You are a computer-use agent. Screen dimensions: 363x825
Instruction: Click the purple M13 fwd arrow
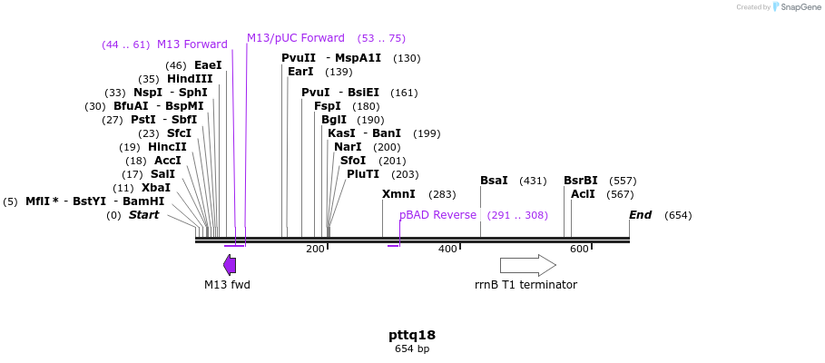tap(230, 265)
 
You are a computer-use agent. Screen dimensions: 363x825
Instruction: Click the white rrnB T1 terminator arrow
tap(527, 265)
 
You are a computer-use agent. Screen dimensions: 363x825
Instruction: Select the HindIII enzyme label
tap(190, 79)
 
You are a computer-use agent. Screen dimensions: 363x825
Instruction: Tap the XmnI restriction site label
tap(398, 194)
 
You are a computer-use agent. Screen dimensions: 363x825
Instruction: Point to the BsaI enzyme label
tap(494, 181)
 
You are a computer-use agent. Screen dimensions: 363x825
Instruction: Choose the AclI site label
tap(583, 194)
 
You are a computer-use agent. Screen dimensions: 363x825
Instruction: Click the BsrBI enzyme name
tap(581, 181)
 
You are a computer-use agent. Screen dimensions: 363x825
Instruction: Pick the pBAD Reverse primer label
tap(437, 215)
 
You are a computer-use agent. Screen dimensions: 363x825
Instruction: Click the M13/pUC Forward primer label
tap(296, 38)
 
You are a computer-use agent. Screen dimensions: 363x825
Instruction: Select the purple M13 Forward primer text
tap(192, 44)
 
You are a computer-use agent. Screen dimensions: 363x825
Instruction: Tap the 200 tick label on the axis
tap(315, 250)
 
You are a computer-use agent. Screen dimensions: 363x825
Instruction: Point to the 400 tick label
tap(447, 250)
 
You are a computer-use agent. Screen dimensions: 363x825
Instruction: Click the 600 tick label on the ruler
tap(579, 250)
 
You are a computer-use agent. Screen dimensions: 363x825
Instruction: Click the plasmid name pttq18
tap(412, 335)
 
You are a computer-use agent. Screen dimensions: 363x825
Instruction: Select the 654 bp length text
tap(412, 349)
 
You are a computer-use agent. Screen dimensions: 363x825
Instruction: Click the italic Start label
tap(143, 215)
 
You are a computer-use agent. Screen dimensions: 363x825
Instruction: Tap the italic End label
tap(640, 215)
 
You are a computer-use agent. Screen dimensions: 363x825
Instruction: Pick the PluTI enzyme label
tap(363, 174)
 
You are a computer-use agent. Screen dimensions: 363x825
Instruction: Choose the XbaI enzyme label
tap(156, 188)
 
